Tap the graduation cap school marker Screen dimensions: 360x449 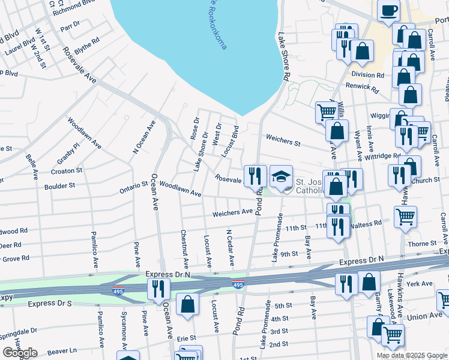coord(281,176)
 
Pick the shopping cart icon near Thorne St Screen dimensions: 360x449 coord(406,217)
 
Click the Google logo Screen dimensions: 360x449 coord(20,353)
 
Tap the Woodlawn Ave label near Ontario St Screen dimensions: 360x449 coord(180,190)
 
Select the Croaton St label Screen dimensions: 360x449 coord(66,171)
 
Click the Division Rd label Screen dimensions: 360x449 coord(367,75)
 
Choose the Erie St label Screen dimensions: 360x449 coord(187,339)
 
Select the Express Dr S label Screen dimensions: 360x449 coord(50,304)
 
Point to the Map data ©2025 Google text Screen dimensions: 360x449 coord(412,355)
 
